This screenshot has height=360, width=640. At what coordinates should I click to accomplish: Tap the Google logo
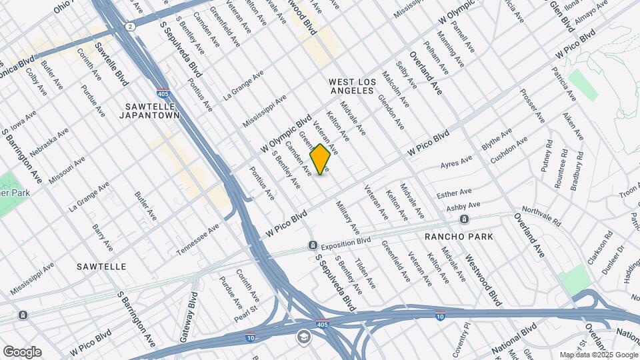[22, 352]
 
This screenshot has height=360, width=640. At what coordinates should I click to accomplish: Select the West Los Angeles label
[353, 85]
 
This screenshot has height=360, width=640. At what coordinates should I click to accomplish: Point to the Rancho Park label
[459, 237]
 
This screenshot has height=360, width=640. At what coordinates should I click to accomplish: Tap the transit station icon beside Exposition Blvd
[312, 246]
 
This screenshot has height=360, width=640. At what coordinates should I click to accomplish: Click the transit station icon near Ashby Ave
[463, 219]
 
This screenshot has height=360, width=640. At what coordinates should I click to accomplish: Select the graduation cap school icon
[303, 337]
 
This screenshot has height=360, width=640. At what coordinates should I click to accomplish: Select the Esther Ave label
[454, 194]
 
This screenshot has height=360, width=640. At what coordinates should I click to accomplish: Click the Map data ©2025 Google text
[599, 355]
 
